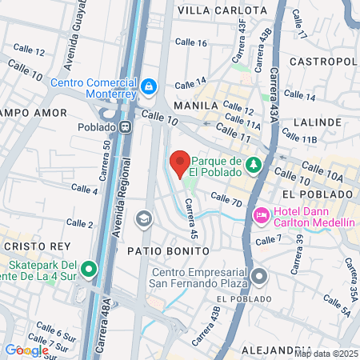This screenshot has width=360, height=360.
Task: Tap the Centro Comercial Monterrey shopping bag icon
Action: click(x=148, y=85)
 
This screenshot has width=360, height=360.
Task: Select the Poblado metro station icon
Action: click(x=126, y=126)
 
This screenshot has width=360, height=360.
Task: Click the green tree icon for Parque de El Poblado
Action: click(x=254, y=164)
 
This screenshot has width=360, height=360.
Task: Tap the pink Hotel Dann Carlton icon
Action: click(x=261, y=214)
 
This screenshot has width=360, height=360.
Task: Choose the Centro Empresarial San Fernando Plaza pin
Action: click(x=259, y=277)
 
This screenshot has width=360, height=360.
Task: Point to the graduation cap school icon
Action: click(x=143, y=218)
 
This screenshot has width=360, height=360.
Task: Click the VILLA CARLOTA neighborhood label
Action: click(x=222, y=10)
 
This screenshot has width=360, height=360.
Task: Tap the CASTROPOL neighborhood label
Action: click(x=322, y=62)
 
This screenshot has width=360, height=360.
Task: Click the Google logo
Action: click(x=26, y=350)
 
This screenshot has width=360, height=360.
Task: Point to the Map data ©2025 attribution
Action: click(x=325, y=354)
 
